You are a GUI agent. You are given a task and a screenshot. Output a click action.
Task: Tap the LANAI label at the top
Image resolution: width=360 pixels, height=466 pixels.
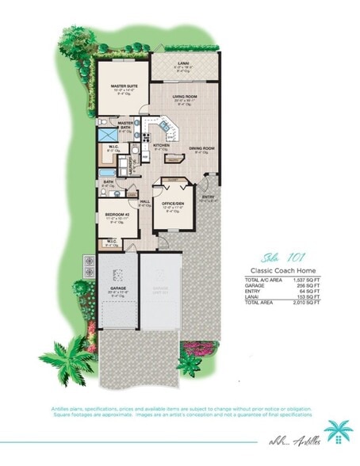[182, 64]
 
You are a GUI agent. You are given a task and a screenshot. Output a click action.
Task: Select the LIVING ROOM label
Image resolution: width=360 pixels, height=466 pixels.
[185, 96]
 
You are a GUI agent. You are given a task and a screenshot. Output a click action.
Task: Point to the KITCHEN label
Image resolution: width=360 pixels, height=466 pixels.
[161, 145]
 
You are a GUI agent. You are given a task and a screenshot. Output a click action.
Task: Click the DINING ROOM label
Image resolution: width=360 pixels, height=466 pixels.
[199, 149]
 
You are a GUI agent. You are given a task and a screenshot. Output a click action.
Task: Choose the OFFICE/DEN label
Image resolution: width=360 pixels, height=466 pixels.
[174, 203]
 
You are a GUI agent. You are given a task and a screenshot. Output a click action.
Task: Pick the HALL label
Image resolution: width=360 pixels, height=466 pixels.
[145, 201]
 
